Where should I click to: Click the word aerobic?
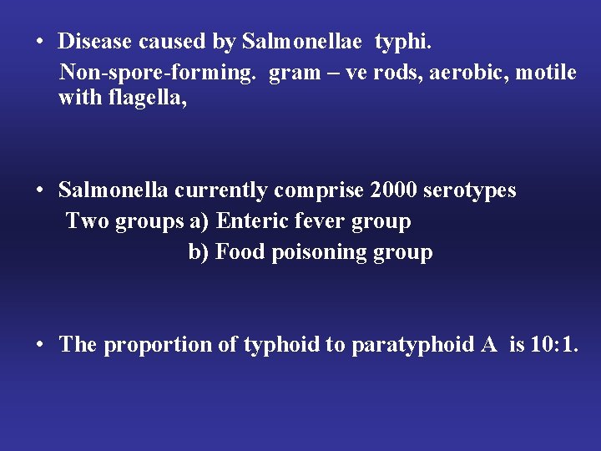coord(469,73)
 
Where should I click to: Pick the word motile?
coord(546,73)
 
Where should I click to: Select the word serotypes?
coord(470,191)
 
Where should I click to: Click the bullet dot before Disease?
coord(39,42)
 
